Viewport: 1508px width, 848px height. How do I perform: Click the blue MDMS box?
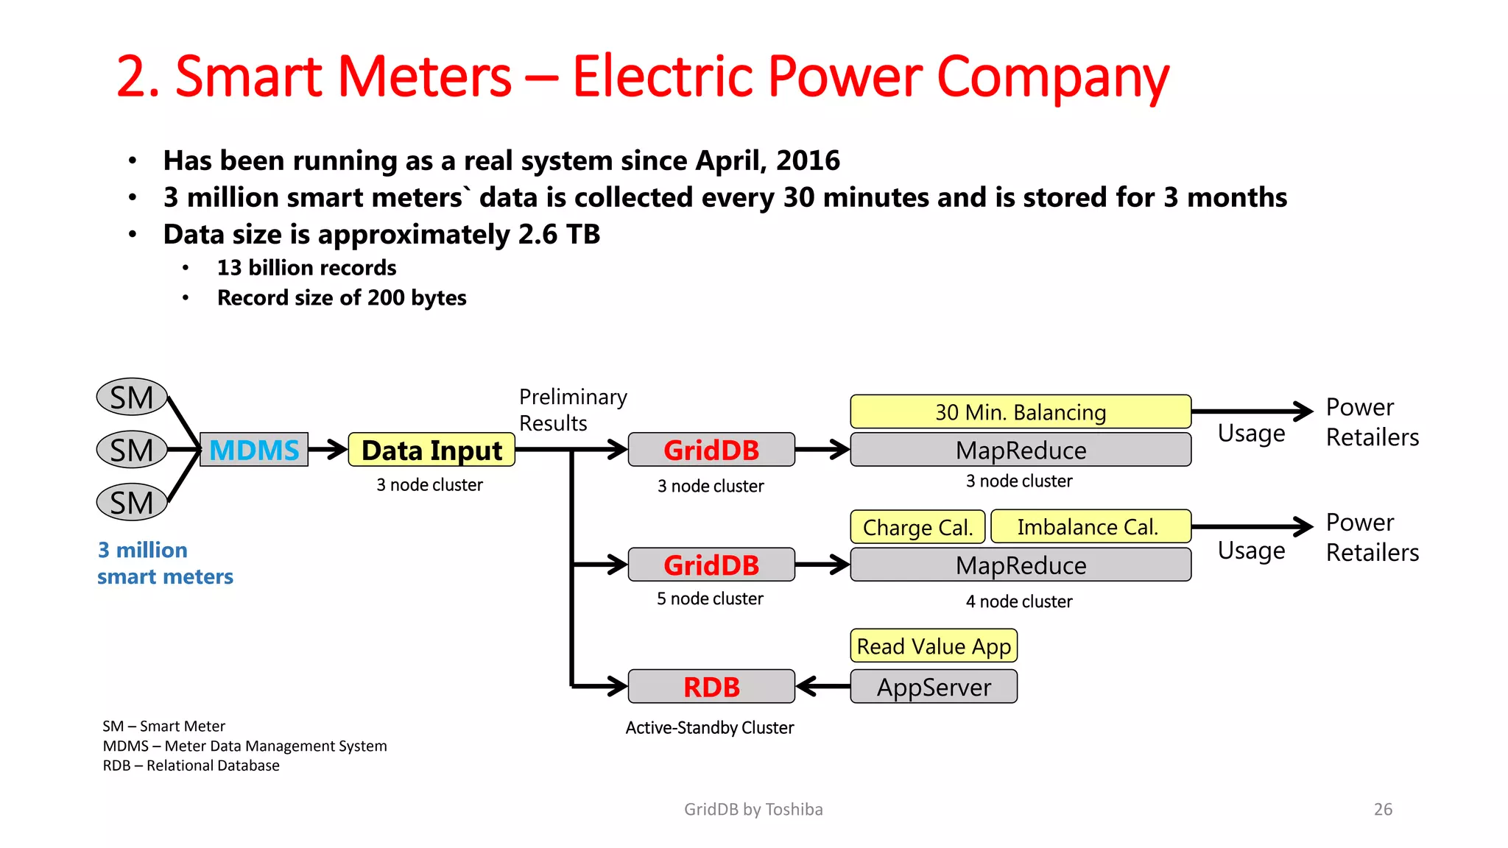point(254,450)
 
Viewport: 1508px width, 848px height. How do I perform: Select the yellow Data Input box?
point(431,450)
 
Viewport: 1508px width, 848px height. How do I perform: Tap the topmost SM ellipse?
point(133,397)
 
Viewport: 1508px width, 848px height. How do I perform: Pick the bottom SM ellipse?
point(133,503)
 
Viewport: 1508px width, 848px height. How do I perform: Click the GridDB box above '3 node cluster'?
point(711,450)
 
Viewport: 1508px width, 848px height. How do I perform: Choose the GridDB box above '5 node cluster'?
point(711,565)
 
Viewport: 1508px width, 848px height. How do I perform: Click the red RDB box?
point(711,687)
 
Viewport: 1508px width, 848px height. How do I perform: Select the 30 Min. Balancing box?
point(1021,411)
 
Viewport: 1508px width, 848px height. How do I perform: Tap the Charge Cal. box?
point(917,527)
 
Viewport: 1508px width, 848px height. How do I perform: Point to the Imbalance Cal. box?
point(1090,527)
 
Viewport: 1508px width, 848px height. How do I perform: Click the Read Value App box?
point(934,646)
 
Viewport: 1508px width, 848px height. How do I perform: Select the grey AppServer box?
point(934,687)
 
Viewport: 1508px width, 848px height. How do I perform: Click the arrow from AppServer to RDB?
point(822,687)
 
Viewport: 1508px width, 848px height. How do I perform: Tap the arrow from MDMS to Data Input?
point(328,450)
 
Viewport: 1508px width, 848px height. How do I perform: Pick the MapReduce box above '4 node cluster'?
point(1021,565)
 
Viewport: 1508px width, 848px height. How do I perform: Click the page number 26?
point(1383,809)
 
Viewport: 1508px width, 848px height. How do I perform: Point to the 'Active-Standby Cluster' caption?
point(710,727)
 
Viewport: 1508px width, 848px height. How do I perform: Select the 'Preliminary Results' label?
point(572,410)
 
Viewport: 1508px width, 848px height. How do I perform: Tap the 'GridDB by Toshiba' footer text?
point(753,809)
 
